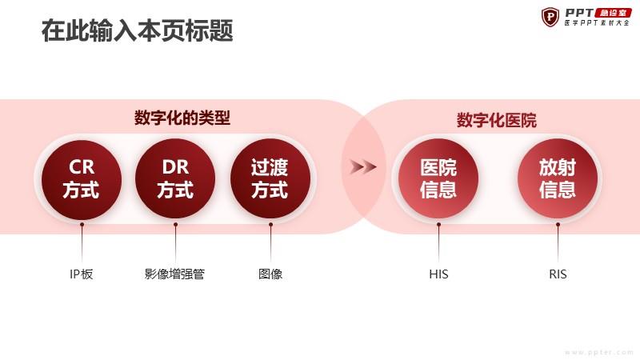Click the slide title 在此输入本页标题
137,30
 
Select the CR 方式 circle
82,179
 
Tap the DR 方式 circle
175,178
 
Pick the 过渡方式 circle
270,178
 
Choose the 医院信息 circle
438,178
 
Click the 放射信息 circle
558,178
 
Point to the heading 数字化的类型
182,118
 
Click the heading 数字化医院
496,121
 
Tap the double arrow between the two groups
363,166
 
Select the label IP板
82,274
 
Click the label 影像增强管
174,274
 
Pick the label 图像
270,274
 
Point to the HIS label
438,274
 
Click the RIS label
558,274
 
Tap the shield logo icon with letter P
550,17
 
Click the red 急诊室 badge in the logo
614,13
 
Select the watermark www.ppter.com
599,352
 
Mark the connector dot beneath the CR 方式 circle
82,225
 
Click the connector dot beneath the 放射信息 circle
558,225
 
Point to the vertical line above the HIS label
438,243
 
